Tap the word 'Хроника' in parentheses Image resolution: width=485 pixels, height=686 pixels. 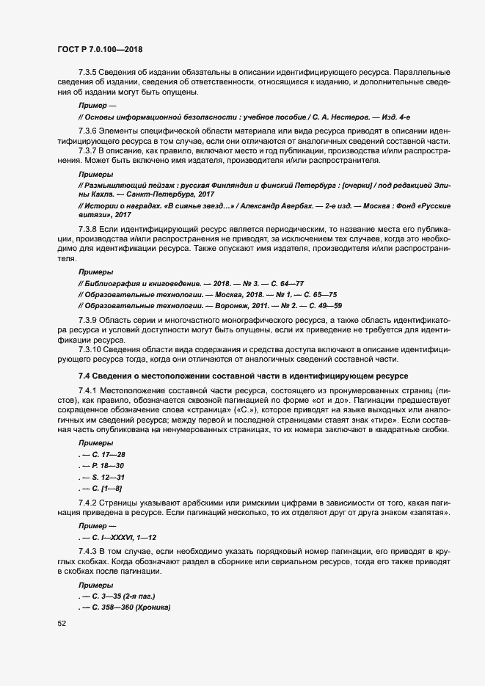(151, 599)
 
